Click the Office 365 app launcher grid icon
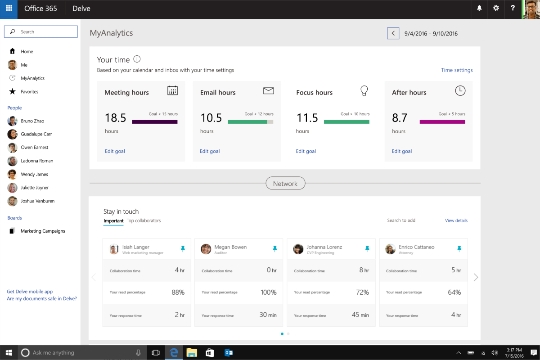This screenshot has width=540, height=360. pyautogui.click(x=9, y=9)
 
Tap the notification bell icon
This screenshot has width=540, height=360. pyautogui.click(x=479, y=8)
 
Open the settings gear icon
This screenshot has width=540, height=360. pyautogui.click(x=496, y=8)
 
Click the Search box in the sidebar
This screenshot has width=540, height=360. pyautogui.click(x=41, y=31)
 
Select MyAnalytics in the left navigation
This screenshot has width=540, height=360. pyautogui.click(x=32, y=78)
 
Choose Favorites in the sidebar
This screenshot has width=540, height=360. pyautogui.click(x=29, y=92)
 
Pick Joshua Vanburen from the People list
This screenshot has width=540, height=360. pyautogui.click(x=37, y=201)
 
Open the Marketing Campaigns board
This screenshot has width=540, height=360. pyautogui.click(x=43, y=231)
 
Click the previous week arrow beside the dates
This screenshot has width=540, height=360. pyautogui.click(x=393, y=33)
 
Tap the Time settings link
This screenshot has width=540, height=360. pyautogui.click(x=457, y=70)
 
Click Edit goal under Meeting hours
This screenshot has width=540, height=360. pyautogui.click(x=115, y=151)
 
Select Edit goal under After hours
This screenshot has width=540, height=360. pyautogui.click(x=402, y=151)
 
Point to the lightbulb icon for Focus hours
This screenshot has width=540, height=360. pyautogui.click(x=364, y=91)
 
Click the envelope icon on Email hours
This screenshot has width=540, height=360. pyautogui.click(x=268, y=91)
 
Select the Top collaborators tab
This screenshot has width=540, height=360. pyautogui.click(x=144, y=220)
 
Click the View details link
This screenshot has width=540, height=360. pyautogui.click(x=456, y=220)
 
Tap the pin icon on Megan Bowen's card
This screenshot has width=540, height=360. pyautogui.click(x=274, y=248)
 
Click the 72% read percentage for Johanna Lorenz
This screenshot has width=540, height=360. pyautogui.click(x=362, y=292)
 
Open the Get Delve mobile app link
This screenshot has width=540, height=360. pyautogui.click(x=30, y=292)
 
